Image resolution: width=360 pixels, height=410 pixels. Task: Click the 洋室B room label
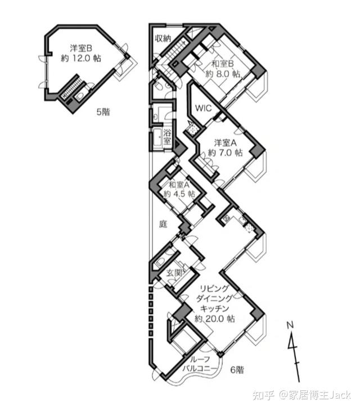[x=81, y=48]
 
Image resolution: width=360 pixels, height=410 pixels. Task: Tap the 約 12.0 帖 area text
[x=81, y=58]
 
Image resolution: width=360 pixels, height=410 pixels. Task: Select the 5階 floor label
[x=103, y=112]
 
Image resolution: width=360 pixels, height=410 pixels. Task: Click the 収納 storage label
[x=163, y=38]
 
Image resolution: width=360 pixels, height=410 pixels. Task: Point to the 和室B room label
[x=223, y=64]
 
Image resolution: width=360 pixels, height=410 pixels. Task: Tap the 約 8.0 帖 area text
[x=223, y=74]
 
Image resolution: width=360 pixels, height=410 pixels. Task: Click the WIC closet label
[x=204, y=108]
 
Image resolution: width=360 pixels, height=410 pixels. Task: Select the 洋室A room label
[x=226, y=143]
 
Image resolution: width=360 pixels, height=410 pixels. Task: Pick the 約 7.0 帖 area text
[x=226, y=152]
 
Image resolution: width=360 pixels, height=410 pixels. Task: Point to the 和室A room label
[x=179, y=184]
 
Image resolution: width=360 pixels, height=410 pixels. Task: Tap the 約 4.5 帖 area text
[x=179, y=194]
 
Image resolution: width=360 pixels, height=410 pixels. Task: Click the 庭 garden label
[x=163, y=224]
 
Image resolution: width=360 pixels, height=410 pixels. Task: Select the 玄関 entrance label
[x=174, y=273]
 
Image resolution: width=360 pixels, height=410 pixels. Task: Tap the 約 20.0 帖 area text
[x=215, y=318]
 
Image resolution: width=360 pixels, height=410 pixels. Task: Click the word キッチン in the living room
[x=215, y=309]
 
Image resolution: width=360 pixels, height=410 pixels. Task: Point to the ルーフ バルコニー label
[x=200, y=364]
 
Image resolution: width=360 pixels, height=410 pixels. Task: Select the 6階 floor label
[x=237, y=370]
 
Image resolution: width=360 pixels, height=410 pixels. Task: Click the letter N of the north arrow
[x=290, y=325]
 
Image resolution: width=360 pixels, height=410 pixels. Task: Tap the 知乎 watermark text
[x=263, y=395]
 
